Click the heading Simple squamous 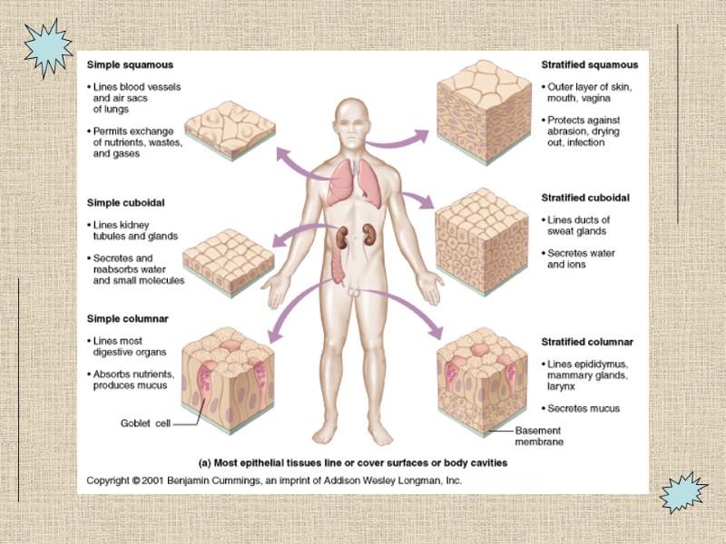(130, 65)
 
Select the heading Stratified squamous (589, 65)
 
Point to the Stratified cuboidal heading (585, 198)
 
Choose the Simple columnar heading (127, 318)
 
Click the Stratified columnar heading (587, 342)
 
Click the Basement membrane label (539, 436)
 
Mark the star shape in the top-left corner (46, 46)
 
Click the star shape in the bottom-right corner (682, 493)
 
